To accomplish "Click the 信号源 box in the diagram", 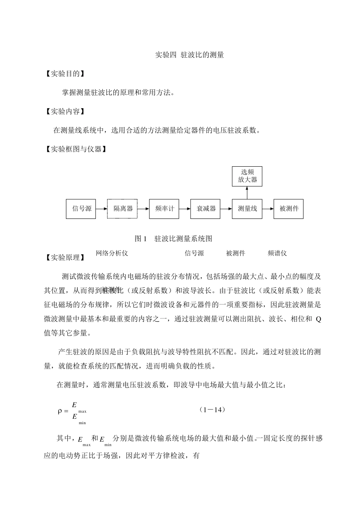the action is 81,209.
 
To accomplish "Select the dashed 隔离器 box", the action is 122,209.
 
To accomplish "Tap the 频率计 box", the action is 164,209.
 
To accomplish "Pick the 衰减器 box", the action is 205,209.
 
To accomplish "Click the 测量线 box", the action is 247,209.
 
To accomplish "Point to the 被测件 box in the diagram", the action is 288,209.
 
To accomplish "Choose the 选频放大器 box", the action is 247,176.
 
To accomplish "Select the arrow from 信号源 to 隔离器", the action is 102,209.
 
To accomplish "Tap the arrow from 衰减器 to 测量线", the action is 226,209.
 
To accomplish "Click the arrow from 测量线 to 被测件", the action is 268,209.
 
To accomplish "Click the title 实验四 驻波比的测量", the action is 190,55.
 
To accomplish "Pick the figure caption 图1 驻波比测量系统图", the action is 173,239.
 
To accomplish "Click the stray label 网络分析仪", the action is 112,253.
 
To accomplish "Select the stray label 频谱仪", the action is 277,253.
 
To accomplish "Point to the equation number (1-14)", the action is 212,410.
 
